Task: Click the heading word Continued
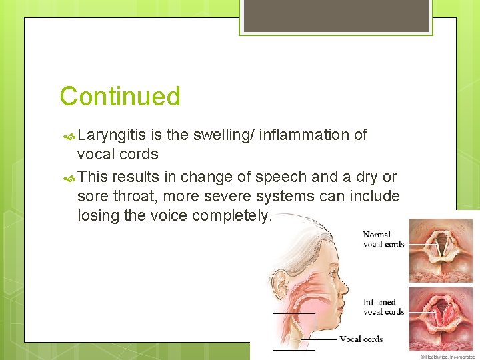120,97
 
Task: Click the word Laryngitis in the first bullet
111,135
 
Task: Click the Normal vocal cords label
383,239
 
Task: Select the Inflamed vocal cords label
383,307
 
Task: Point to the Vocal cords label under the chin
361,339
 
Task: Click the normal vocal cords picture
441,249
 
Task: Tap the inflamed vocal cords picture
441,317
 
